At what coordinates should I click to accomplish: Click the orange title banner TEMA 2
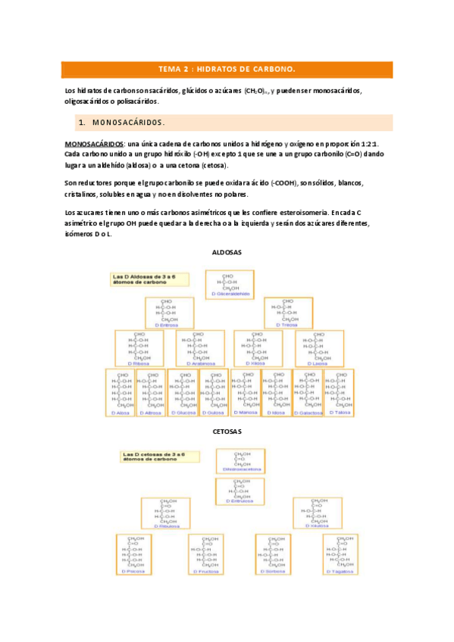pyautogui.click(x=226, y=69)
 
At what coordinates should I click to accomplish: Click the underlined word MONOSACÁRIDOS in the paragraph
pyautogui.click(x=92, y=143)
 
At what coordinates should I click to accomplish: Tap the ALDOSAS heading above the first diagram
pyautogui.click(x=227, y=252)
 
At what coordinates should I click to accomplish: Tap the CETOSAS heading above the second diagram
pyautogui.click(x=227, y=432)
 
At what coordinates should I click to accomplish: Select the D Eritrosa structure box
pyautogui.click(x=170, y=313)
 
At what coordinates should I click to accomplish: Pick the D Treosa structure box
pyautogui.click(x=287, y=313)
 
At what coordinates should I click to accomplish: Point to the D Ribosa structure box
pyautogui.click(x=139, y=348)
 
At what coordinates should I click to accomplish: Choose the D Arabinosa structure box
pyautogui.click(x=199, y=348)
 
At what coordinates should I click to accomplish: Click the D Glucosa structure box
pyautogui.click(x=182, y=393)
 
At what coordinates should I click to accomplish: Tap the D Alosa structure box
pyautogui.click(x=121, y=393)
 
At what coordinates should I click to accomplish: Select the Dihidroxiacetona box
pyautogui.click(x=240, y=461)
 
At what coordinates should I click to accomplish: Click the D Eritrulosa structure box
pyautogui.click(x=240, y=491)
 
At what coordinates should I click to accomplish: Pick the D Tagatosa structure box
pyautogui.click(x=340, y=554)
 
